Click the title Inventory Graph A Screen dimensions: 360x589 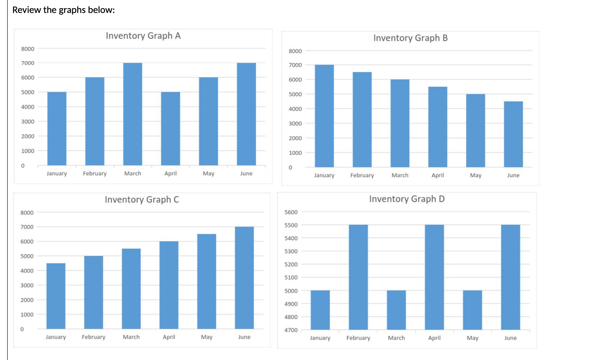click(143, 36)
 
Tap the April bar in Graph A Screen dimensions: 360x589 click(170, 129)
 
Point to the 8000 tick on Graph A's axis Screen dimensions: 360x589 click(28, 49)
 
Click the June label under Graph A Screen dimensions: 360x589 click(246, 174)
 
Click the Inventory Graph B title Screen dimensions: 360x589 click(410, 38)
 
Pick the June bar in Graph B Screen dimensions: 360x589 click(513, 134)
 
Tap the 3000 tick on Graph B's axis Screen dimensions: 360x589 click(295, 123)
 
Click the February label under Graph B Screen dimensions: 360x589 click(362, 175)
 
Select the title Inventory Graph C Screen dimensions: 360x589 click(141, 200)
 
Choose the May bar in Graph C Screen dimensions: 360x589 click(207, 281)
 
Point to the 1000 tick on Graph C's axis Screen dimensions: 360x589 click(27, 315)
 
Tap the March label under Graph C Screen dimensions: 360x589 click(131, 337)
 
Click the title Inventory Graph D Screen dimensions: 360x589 click(406, 199)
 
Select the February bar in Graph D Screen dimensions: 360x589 click(358, 277)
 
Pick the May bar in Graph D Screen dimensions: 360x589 click(472, 310)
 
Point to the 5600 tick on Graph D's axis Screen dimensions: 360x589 click(291, 212)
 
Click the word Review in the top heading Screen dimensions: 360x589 click(27, 10)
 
